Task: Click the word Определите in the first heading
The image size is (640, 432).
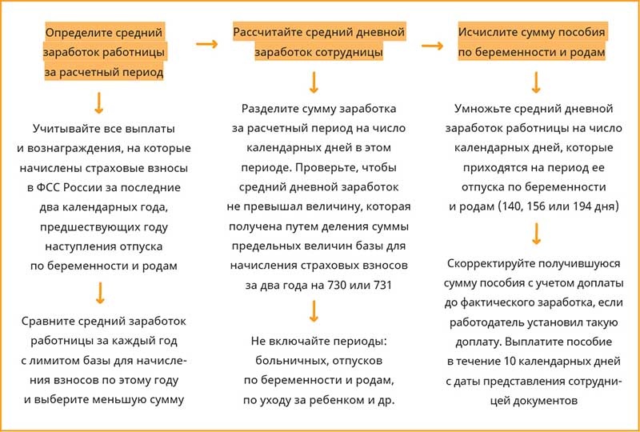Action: [74, 33]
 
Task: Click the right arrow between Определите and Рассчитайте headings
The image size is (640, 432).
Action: [206, 44]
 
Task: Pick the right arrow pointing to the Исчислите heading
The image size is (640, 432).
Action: [433, 44]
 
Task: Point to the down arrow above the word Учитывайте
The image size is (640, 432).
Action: [99, 102]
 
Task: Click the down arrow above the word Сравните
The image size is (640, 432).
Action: [99, 293]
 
